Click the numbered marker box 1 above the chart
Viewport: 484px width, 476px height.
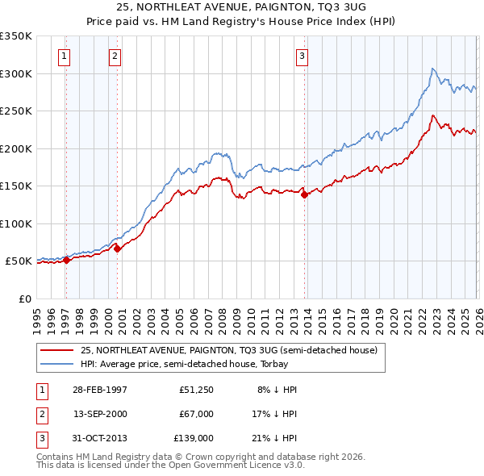pyautogui.click(x=64, y=56)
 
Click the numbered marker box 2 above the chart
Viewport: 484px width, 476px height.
pyautogui.click(x=115, y=56)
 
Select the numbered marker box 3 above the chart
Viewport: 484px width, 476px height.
pyautogui.click(x=302, y=56)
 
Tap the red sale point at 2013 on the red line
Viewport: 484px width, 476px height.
pyautogui.click(x=304, y=194)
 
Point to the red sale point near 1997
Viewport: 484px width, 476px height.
pyautogui.click(x=67, y=260)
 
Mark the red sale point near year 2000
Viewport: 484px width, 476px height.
pyautogui.click(x=118, y=248)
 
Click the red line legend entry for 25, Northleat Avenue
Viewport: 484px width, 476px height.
pyautogui.click(x=228, y=350)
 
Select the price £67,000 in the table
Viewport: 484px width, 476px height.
pyautogui.click(x=196, y=414)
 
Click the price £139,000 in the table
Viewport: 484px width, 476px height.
pyautogui.click(x=194, y=438)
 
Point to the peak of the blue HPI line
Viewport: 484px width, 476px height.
pyautogui.click(x=433, y=69)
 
